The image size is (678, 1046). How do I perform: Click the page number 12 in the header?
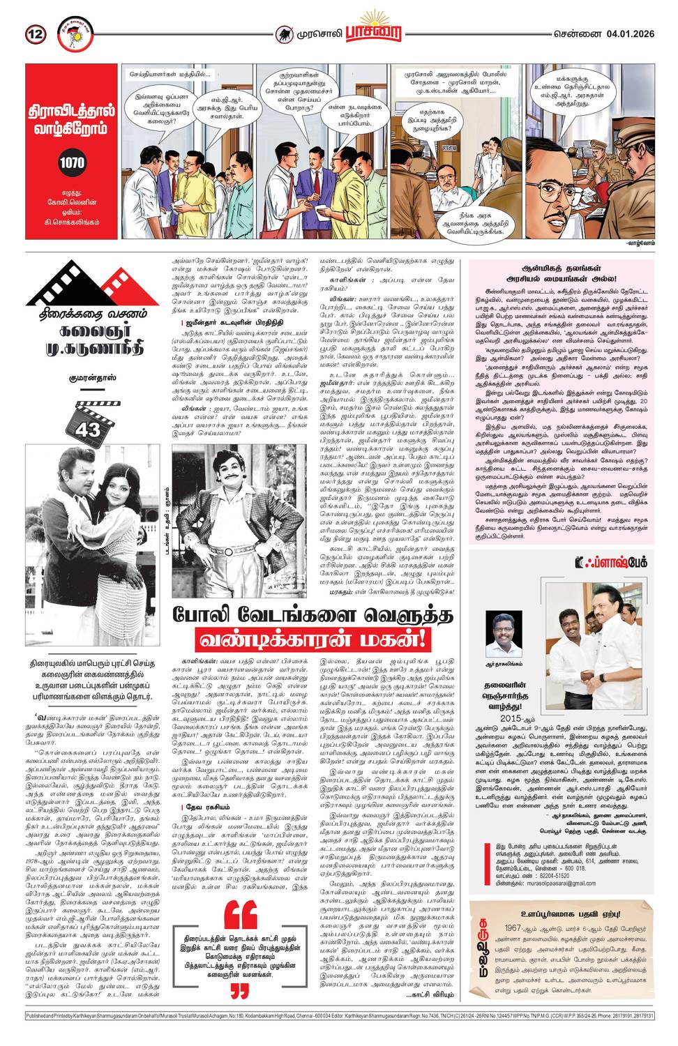[36, 33]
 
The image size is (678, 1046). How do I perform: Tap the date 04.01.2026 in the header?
[629, 33]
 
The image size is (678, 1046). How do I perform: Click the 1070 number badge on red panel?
[72, 162]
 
